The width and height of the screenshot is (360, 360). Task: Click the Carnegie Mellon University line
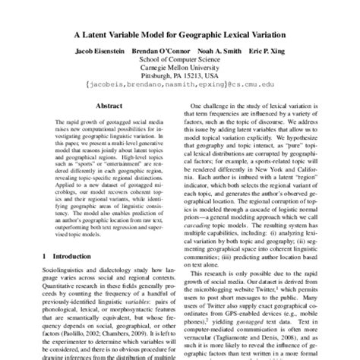tap(180, 76)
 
